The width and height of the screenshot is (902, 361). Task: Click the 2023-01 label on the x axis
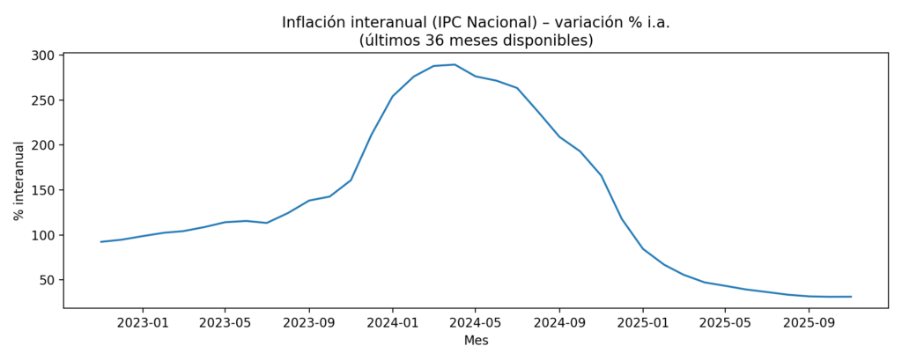[x=142, y=322]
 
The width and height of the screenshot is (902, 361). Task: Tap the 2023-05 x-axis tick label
[x=225, y=322]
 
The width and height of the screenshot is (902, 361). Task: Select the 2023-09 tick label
[x=309, y=322]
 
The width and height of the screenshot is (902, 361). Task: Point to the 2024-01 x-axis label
[x=393, y=322]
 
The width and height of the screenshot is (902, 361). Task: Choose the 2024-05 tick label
[x=476, y=322]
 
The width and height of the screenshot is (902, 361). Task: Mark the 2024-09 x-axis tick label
[x=559, y=322]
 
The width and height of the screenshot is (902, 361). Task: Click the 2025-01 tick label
[x=643, y=322]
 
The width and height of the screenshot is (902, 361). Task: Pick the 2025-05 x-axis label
[x=725, y=322]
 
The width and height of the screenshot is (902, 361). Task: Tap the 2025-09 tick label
[x=810, y=322]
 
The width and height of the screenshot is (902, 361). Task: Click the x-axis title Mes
[x=476, y=340]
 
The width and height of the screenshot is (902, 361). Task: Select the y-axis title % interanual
[x=18, y=181]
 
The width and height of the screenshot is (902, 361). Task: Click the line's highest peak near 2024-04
[x=455, y=64]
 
